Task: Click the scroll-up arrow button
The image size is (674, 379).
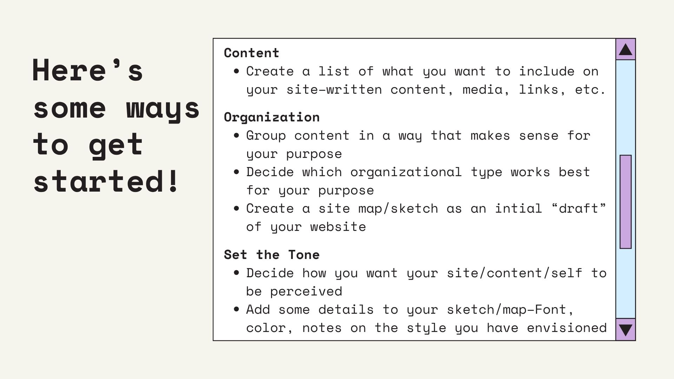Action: point(626,49)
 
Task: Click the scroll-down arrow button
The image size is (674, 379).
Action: point(626,330)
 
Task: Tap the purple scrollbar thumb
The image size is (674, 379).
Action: point(626,202)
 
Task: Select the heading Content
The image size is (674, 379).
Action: point(251,53)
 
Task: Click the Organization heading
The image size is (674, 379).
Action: point(272,117)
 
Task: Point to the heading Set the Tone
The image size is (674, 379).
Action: point(272,255)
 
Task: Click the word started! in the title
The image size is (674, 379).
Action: point(106,181)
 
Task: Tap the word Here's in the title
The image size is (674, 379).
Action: point(88,70)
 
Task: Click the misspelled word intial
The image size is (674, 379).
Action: point(518,208)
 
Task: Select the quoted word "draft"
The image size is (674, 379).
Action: point(579,208)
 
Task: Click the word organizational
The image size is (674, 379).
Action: point(406,172)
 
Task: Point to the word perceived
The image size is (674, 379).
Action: point(306,292)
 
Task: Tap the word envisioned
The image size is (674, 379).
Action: point(567,328)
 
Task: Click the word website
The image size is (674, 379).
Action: point(338,227)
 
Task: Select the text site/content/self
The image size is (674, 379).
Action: point(515,273)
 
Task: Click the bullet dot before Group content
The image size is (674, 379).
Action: point(236,135)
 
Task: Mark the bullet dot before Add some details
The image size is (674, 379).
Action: point(236,310)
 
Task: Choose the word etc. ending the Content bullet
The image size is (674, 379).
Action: point(590,90)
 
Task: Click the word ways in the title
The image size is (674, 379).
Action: point(163,109)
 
